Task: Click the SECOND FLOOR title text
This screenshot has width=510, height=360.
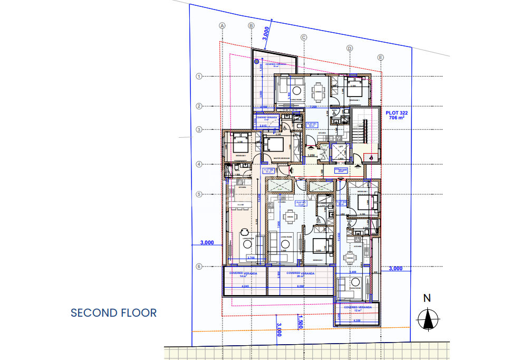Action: coord(113,312)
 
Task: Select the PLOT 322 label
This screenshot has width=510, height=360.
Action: coord(396,116)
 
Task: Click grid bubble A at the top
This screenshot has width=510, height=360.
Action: coord(223,25)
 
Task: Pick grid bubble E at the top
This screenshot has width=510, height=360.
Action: coord(381,57)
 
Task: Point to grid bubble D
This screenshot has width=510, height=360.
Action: coord(349,48)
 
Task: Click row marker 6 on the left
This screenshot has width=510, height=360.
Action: coord(199,267)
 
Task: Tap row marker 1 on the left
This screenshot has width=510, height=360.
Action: coord(199,76)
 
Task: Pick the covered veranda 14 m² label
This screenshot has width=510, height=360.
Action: coord(243,274)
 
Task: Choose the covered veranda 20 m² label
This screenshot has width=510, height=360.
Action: coord(300,274)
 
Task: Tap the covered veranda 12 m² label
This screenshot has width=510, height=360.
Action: coord(358,308)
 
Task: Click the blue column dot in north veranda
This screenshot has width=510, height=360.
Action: coord(257,62)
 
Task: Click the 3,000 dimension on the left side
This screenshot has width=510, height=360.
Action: coord(207,243)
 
